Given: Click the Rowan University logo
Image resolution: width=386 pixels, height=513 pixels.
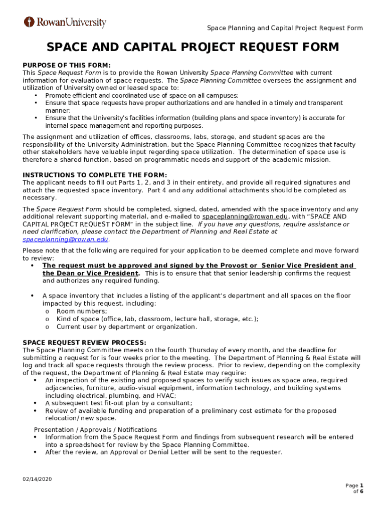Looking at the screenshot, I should [65, 23].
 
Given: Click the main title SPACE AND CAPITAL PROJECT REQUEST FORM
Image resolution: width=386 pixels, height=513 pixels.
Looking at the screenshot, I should [192, 48].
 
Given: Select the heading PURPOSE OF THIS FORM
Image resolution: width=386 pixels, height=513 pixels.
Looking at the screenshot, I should [66, 65].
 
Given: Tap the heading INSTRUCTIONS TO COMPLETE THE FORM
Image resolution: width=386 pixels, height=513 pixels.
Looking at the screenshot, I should [95, 175].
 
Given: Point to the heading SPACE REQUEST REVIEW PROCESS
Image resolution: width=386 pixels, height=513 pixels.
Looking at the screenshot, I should [84, 343].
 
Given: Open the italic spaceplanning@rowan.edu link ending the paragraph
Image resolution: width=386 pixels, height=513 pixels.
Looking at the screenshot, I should [65, 239].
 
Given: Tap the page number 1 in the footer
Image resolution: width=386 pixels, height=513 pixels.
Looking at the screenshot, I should [361, 485].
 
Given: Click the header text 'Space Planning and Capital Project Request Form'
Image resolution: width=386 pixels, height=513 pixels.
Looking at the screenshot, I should [285, 28].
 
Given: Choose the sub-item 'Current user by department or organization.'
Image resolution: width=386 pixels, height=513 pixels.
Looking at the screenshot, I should [126, 327].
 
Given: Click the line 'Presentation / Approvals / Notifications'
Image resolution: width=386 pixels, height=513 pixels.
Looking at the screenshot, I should [95, 430].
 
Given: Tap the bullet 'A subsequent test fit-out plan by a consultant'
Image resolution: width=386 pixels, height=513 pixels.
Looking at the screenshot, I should [118, 403].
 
